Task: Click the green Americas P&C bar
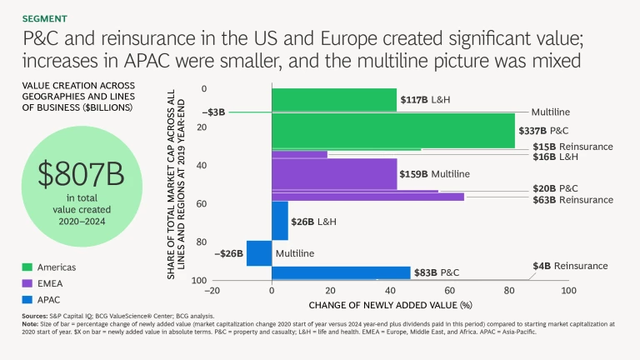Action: [392, 131]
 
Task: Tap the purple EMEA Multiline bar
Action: [333, 173]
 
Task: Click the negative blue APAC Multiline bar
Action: [259, 252]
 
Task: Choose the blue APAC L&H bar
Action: [279, 221]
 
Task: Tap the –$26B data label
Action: [227, 252]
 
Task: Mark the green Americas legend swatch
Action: [27, 267]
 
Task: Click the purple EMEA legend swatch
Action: [27, 283]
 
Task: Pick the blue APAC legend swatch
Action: [27, 299]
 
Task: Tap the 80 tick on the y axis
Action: [202, 242]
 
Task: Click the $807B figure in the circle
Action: [81, 173]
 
